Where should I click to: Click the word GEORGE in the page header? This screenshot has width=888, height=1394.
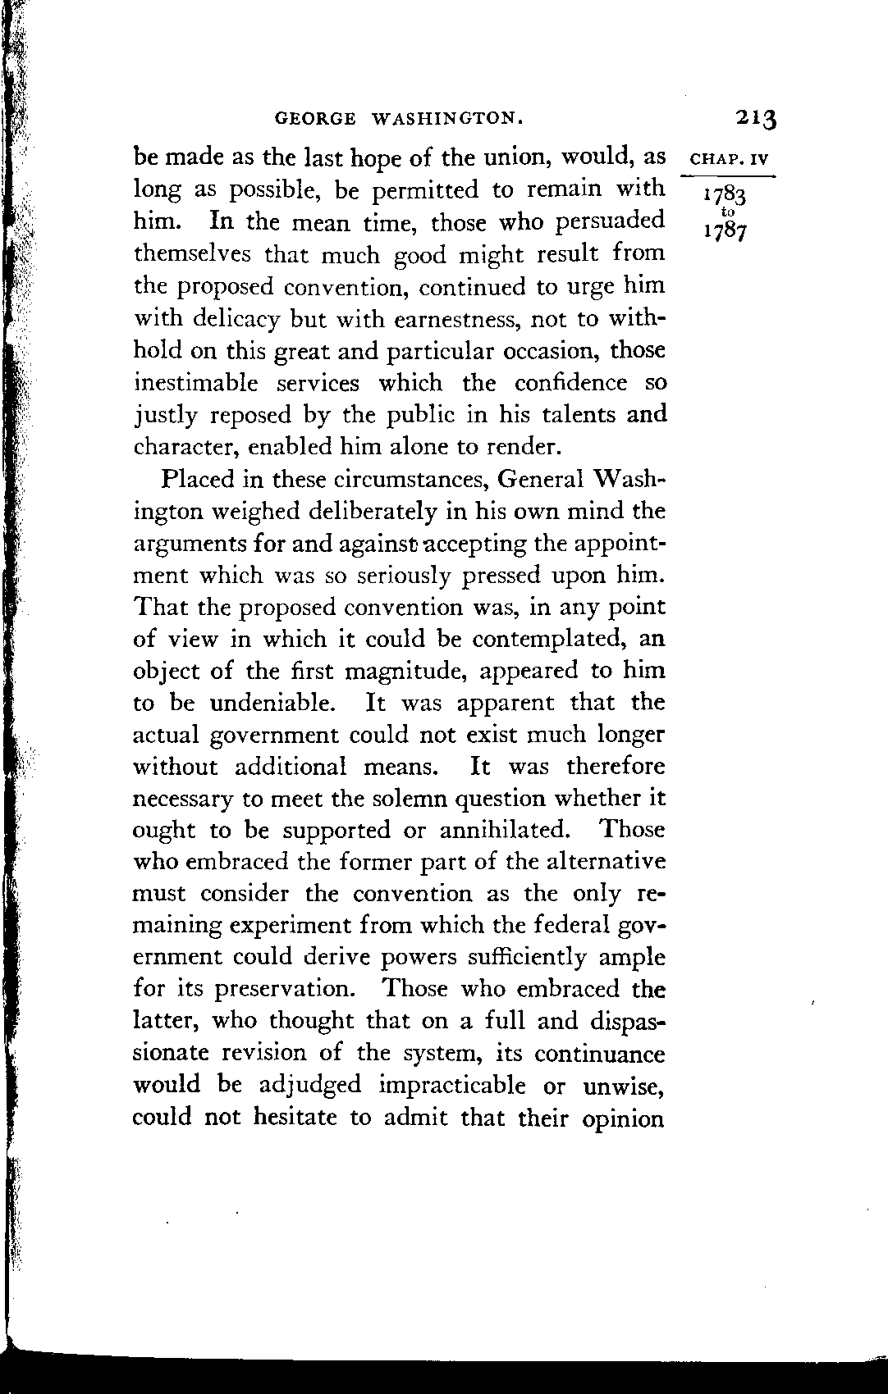point(315,119)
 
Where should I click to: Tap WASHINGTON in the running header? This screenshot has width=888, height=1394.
point(448,119)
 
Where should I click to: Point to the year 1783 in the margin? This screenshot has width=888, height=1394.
point(724,197)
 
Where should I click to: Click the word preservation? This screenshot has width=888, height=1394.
point(284,990)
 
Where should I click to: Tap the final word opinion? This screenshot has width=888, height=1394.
point(624,1118)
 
